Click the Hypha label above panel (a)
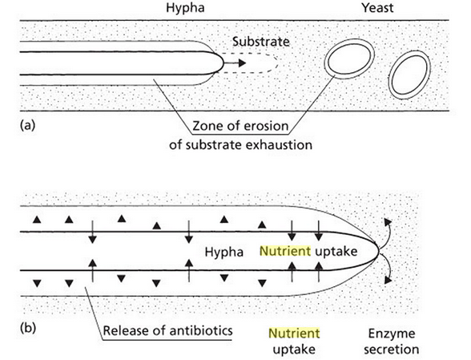pos(185,8)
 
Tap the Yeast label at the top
pos(377,8)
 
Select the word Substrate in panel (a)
pos(261,42)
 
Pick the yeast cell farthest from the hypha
pos(410,75)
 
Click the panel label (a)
pos(27,125)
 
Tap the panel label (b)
pos(27,327)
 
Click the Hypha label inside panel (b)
pos(223,252)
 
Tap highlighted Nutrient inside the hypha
pos(285,251)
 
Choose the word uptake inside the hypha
pos(336,252)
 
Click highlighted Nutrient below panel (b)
pos(294,334)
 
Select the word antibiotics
pos(201,331)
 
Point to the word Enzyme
pos(392,334)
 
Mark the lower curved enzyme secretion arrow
pos(387,269)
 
